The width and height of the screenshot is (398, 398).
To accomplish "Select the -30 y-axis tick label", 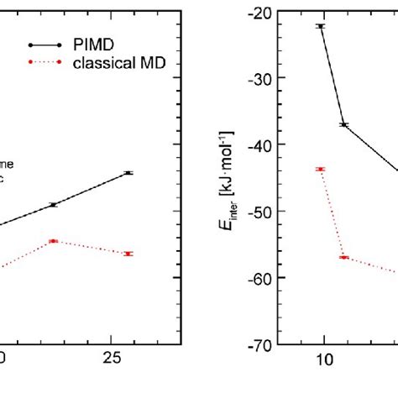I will tap(259, 78).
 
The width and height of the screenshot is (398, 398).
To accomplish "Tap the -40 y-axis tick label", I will tap(259, 144).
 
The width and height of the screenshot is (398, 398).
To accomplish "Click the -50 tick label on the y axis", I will tap(259, 211).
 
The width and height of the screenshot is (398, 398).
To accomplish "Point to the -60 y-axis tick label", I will tap(259, 277).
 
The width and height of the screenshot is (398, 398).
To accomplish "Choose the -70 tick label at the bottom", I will tap(259, 344).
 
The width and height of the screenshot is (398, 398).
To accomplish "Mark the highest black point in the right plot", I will tap(320, 27).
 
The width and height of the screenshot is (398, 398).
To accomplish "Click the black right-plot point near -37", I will tap(343, 125).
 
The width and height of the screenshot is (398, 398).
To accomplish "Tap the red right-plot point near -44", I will tap(320, 170).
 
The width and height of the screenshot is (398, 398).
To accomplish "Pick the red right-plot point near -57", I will tap(343, 257).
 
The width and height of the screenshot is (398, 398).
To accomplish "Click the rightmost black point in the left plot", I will tap(128, 173).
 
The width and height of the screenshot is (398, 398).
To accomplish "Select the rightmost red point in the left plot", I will tap(128, 254).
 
